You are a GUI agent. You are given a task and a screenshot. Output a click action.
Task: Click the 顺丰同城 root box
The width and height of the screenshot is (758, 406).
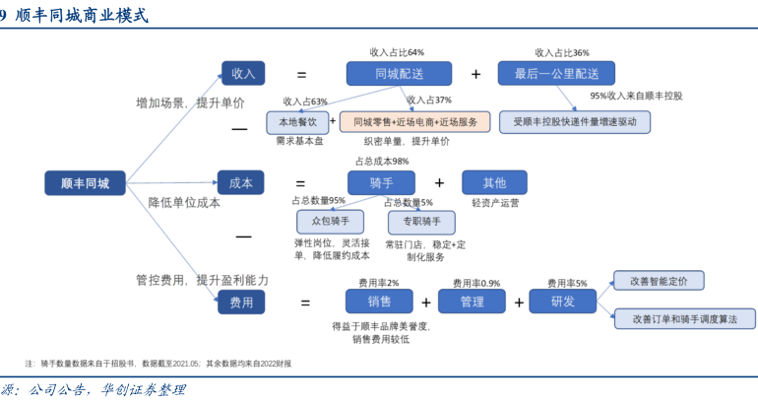85,182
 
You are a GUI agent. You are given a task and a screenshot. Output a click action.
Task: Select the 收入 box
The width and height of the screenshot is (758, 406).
242,73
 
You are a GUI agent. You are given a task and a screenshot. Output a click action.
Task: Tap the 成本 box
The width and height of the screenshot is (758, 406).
241,182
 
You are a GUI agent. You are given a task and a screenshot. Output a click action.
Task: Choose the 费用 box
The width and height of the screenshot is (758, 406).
241,302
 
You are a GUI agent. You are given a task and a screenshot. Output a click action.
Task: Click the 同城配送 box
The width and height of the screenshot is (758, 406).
399,73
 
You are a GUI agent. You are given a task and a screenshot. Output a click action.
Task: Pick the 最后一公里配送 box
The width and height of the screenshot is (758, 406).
556,73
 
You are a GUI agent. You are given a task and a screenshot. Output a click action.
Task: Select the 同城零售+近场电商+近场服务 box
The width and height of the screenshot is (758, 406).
414,122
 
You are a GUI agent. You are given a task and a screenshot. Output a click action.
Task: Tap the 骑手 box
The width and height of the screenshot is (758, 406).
381,182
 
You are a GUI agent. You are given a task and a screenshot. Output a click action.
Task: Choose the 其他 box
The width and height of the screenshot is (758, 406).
494,182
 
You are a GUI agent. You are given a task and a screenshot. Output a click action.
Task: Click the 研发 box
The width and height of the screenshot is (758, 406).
565,302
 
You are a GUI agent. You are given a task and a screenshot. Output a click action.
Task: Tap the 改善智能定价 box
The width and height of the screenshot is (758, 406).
659,282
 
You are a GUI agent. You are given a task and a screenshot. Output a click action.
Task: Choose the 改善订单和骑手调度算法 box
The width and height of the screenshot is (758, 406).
685,318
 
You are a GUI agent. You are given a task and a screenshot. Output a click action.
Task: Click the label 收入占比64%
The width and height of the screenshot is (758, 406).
397,51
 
